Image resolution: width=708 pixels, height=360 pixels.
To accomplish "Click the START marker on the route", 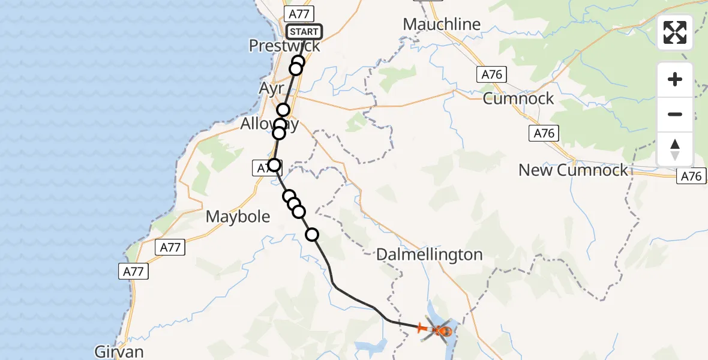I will click(304, 32).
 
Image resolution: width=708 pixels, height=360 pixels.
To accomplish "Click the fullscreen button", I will click(675, 32).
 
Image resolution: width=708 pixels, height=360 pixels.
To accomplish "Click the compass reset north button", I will click(675, 149).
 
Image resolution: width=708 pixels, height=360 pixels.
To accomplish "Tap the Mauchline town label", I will click(442, 25).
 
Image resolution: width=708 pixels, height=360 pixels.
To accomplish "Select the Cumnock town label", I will click(518, 98).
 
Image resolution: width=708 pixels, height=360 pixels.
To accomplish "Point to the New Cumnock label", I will click(573, 170).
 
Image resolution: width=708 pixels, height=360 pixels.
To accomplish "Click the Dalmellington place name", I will click(429, 254).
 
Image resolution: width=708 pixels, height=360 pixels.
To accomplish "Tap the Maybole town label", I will click(238, 217).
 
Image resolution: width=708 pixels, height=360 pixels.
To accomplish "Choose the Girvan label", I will click(119, 351).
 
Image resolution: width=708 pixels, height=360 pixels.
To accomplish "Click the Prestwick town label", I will click(284, 46).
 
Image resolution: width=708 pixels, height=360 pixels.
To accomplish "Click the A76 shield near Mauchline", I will click(492, 74).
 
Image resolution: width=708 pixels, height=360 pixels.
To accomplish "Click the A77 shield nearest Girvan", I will click(133, 272).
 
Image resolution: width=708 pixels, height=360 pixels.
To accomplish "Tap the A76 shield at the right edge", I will click(692, 176).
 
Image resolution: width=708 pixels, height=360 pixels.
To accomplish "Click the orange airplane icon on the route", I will click(421, 328).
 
